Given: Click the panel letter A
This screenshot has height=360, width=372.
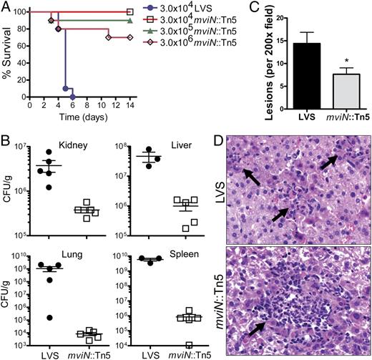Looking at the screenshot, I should tap(6, 6).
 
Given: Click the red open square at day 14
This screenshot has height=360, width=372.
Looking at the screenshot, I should tap(129, 12).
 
